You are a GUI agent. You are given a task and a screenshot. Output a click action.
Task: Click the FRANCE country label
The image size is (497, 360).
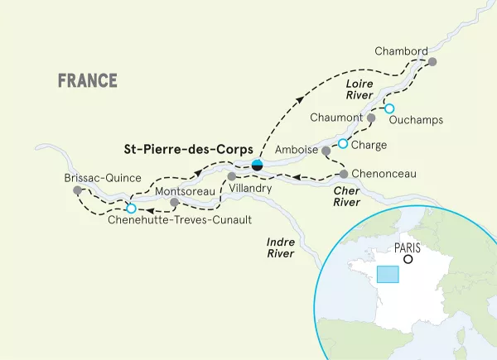[87, 81]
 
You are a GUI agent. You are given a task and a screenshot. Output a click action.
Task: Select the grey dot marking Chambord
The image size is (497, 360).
[432, 61]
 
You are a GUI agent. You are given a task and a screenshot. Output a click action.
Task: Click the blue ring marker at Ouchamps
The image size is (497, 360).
[388, 108]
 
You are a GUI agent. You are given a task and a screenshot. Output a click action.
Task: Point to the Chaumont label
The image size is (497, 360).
[336, 118]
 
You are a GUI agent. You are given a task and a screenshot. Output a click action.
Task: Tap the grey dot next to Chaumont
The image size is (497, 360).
[371, 118]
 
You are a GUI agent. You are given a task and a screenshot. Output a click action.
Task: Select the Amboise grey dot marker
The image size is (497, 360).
[326, 151]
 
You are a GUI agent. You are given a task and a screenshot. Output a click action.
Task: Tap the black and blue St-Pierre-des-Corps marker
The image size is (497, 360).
[258, 164]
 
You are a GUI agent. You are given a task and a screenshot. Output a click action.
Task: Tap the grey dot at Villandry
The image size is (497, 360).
[232, 176]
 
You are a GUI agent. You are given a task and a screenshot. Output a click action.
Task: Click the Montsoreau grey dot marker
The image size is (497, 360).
[174, 202]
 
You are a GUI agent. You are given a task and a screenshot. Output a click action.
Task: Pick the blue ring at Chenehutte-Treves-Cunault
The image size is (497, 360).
[130, 208]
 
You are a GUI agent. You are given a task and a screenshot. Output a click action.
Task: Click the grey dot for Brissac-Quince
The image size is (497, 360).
[77, 190]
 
